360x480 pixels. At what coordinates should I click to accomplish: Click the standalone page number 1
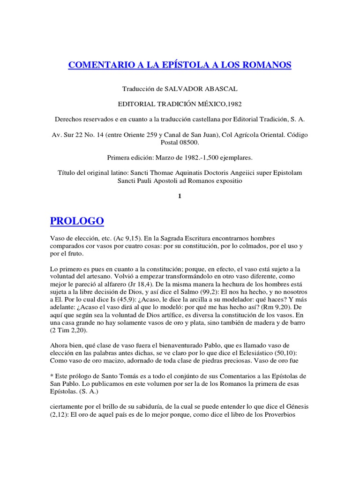point(180,196)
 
